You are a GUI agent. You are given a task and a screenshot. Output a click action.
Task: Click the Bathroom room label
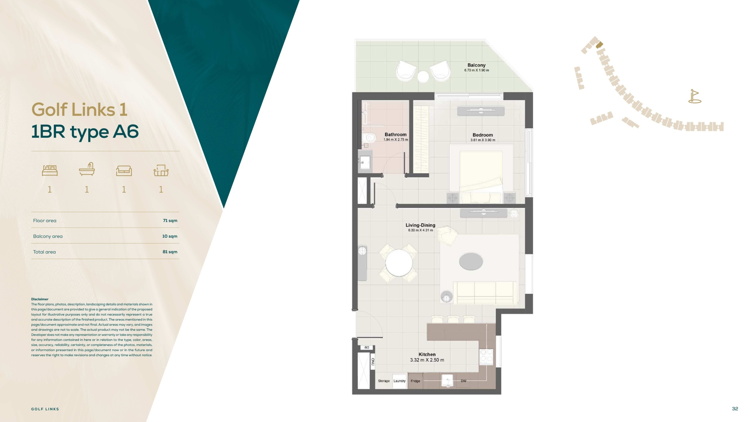[396, 135]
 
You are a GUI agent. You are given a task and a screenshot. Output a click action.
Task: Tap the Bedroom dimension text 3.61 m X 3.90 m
[483, 140]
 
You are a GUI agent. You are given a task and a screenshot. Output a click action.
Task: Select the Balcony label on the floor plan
[476, 65]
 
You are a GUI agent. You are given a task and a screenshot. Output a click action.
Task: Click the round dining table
[399, 263]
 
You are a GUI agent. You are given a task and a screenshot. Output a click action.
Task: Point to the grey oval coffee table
[471, 261]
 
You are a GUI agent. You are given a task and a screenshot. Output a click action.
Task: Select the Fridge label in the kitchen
[415, 381]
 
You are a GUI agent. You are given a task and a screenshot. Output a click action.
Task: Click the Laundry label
[399, 381]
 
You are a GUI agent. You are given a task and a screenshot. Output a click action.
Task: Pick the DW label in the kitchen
[463, 381]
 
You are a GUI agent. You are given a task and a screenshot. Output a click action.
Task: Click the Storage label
[384, 381]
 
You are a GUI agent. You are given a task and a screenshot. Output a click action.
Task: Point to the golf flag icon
[695, 96]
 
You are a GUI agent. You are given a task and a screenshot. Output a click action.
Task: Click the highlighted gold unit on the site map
[599, 45]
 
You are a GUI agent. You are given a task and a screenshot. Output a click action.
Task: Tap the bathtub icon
[87, 169]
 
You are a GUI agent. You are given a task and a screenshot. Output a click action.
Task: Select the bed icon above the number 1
[50, 171]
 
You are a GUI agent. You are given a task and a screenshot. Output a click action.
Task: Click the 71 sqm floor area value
[170, 221]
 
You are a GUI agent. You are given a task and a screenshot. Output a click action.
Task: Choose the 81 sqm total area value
[170, 252]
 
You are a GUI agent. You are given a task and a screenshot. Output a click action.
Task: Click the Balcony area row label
[48, 236]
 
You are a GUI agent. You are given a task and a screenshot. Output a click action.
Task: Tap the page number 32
[735, 409]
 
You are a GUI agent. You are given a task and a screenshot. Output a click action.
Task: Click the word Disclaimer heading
[40, 299]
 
